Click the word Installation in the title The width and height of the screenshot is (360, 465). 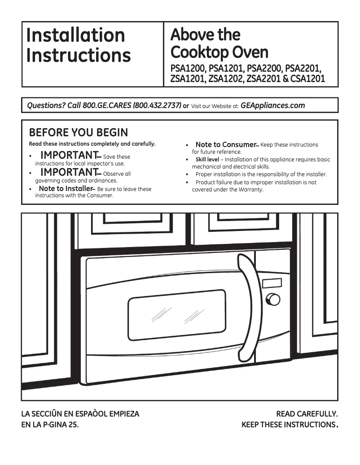click(x=75, y=35)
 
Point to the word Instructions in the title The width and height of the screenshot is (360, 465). click(x=79, y=56)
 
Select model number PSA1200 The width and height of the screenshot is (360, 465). click(x=188, y=70)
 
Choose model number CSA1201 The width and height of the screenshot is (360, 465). click(x=307, y=79)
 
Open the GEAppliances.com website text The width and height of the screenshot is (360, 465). click(x=273, y=106)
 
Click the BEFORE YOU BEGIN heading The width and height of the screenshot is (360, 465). click(x=78, y=133)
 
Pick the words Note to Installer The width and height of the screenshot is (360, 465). click(x=66, y=189)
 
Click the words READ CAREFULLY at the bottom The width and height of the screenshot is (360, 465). click(x=307, y=414)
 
